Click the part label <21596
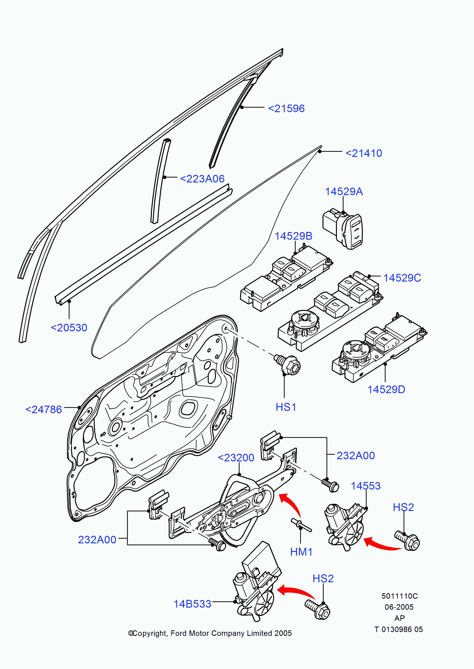pyautogui.click(x=286, y=109)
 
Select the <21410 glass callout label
pyautogui.click(x=364, y=153)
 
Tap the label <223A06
pyautogui.click(x=202, y=179)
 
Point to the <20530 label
pyautogui.click(x=69, y=328)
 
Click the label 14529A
pyautogui.click(x=344, y=192)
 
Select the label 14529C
pyautogui.click(x=402, y=278)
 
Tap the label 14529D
pyautogui.click(x=386, y=390)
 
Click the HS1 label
pyautogui.click(x=286, y=407)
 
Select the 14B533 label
pyautogui.click(x=192, y=604)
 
